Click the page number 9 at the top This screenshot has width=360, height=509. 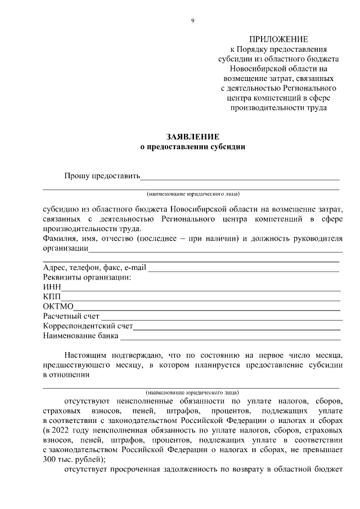[192, 21]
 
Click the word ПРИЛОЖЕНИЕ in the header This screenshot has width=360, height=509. [278, 39]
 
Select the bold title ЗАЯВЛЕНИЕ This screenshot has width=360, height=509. [192, 137]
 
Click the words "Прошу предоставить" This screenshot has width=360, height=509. [101, 176]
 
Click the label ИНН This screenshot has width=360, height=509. [52, 287]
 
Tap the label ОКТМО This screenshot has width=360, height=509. [58, 307]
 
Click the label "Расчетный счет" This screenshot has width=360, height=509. [71, 317]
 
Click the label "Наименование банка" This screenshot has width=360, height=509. [80, 336]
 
